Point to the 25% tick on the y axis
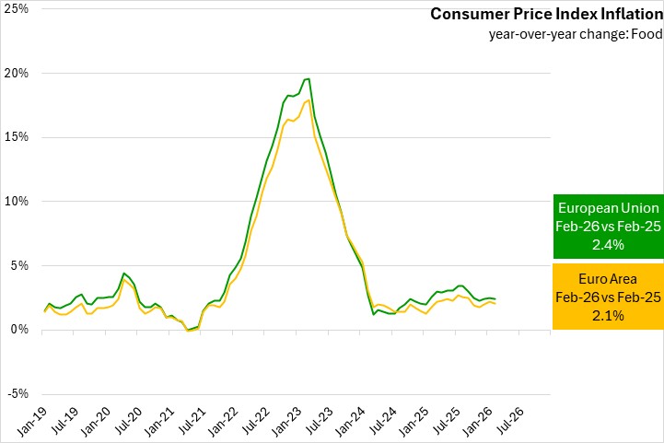[x=17, y=9]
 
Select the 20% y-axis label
[x=17, y=73]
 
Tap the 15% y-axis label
[x=17, y=137]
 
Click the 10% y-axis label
[x=17, y=202]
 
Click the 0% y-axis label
[x=19, y=330]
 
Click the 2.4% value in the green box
[x=607, y=245]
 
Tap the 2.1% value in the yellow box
[x=607, y=316]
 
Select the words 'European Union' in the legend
[x=607, y=208]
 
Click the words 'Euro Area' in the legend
[x=607, y=279]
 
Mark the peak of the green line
[x=309, y=79]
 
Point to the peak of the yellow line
[x=309, y=100]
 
